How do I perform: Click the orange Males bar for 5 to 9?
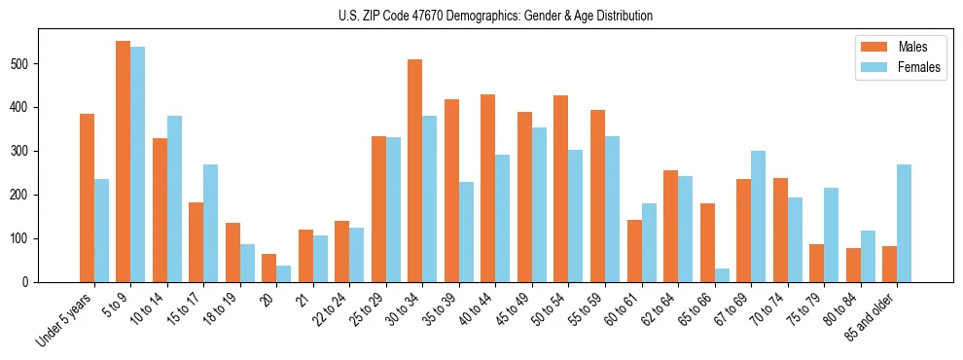(124, 162)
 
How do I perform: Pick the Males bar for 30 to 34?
(415, 170)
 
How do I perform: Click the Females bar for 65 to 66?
(722, 275)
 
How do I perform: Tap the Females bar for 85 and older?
(905, 223)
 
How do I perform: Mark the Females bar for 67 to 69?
(759, 216)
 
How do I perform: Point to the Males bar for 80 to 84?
(853, 265)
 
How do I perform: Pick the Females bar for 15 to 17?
(211, 223)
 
